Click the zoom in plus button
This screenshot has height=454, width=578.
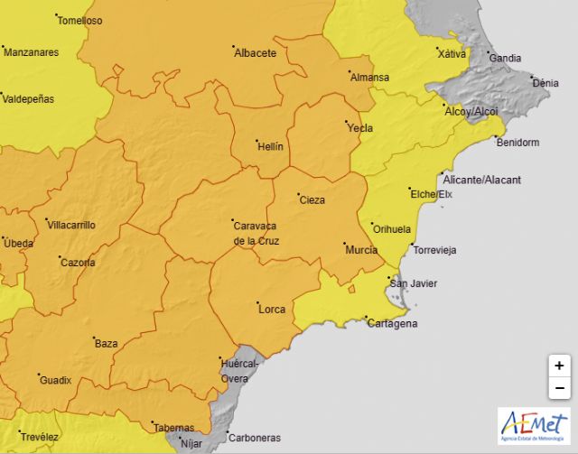click(559, 366)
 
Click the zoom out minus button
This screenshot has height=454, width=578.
click(559, 389)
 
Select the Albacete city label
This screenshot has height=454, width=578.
click(255, 53)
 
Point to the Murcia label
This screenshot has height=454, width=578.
click(361, 249)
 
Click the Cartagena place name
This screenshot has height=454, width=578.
click(394, 323)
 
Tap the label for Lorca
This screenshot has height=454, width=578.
click(272, 310)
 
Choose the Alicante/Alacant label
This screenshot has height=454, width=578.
click(483, 180)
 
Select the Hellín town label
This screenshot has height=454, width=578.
click(270, 146)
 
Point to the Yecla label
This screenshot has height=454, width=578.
click(360, 128)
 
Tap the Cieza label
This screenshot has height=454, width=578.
click(312, 200)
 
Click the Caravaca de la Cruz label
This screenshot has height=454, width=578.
click(256, 233)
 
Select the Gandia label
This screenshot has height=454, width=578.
click(505, 58)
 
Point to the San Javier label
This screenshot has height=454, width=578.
click(413, 283)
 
